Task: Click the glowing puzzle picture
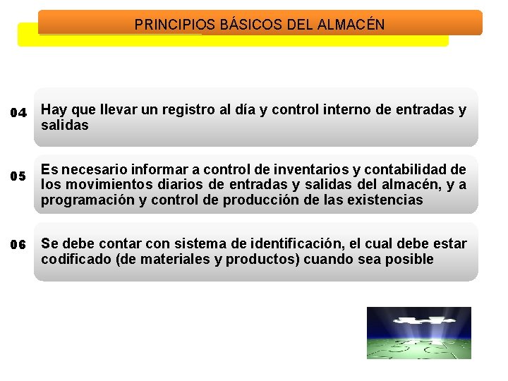pyautogui.click(x=418, y=332)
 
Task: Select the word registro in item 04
pyautogui.click(x=186, y=110)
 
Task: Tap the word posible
pyautogui.click(x=411, y=260)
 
